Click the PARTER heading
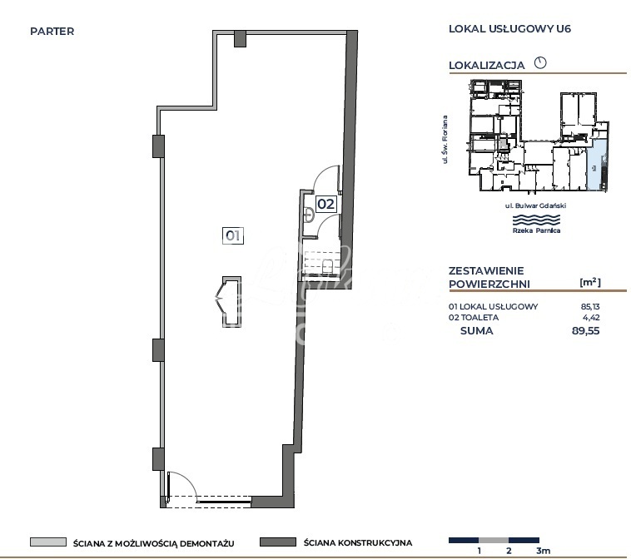click(52, 32)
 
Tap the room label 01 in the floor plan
click(233, 235)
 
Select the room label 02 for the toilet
click(325, 202)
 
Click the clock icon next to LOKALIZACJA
click(539, 62)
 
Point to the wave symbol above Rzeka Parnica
click(535, 219)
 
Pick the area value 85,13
click(589, 306)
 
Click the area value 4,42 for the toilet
click(591, 318)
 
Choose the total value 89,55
click(586, 330)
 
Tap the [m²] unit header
click(589, 283)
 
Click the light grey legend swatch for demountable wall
click(47, 542)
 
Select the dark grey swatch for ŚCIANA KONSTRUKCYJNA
click(278, 542)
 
